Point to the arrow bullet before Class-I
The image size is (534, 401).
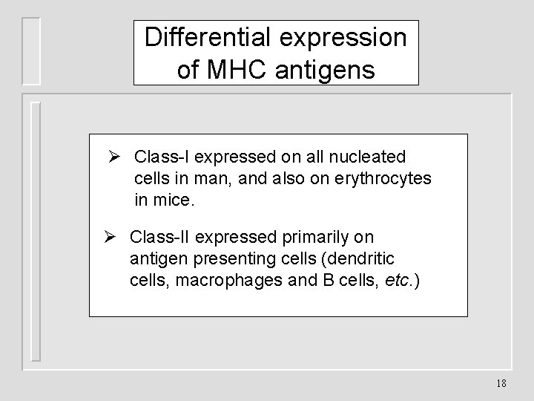pyautogui.click(x=114, y=157)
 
